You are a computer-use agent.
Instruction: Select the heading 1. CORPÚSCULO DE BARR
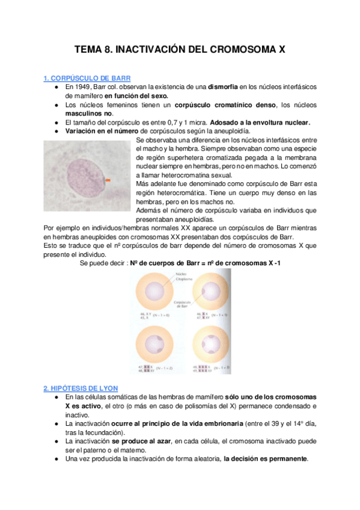click(x=87, y=78)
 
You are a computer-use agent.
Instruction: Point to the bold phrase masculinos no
click(x=89, y=114)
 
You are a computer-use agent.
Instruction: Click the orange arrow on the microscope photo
click(x=108, y=180)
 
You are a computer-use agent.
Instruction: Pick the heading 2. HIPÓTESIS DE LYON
click(x=81, y=388)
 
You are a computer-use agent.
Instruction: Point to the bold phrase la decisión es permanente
click(x=265, y=458)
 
